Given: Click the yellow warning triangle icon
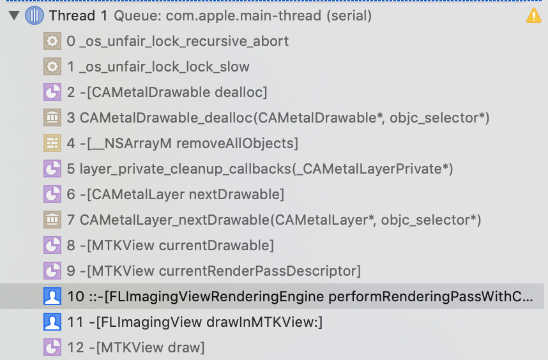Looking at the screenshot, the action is (x=533, y=16).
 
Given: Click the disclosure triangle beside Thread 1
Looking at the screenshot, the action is (x=13, y=16).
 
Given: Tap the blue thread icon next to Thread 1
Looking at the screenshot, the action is (x=34, y=16).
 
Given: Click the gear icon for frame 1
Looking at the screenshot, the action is (x=52, y=67).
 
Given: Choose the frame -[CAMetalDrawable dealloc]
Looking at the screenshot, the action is (x=167, y=93).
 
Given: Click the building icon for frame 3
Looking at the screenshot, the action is (x=52, y=118).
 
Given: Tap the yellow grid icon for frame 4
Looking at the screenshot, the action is (x=52, y=144).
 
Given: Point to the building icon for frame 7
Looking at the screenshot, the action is (x=52, y=220).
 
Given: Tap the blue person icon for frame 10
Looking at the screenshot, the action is (x=52, y=297).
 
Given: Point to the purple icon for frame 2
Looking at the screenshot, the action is (x=52, y=93).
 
